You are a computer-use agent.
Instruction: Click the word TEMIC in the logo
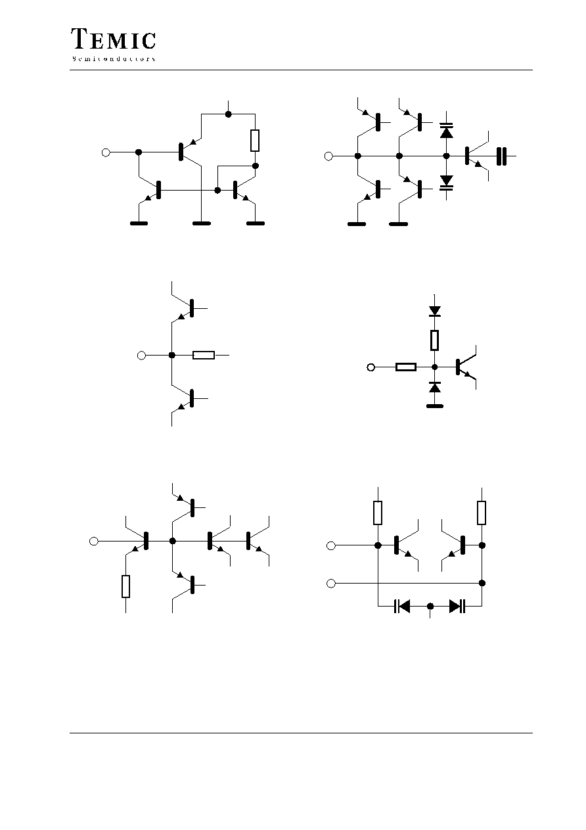pos(113,39)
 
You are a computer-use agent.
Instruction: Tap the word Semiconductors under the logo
pos(114,59)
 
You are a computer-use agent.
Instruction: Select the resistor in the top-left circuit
pos(255,141)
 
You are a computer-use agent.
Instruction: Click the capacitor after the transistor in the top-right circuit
pos(501,156)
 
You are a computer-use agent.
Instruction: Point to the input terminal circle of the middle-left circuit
pos(141,356)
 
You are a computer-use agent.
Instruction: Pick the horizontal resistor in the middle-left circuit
pos(204,356)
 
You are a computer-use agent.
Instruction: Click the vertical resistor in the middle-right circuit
pos(434,340)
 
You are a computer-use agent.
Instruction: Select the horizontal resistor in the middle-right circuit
pos(406,367)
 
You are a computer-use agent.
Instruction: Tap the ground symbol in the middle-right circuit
pos(435,406)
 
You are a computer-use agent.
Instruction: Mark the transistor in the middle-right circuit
pos(465,367)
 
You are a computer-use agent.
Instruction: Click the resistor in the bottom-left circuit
pos(126,586)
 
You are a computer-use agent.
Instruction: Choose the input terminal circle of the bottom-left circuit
pos(94,541)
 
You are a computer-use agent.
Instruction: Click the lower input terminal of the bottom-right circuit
pos(331,583)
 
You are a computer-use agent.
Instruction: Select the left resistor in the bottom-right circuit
pos(378,513)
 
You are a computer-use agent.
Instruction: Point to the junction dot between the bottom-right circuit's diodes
pos(430,606)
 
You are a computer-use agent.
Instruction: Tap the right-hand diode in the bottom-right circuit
pos(457,606)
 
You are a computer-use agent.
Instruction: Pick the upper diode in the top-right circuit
pos(446,130)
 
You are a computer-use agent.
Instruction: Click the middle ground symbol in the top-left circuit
pos(202,223)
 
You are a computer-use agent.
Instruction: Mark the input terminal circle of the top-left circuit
pos(106,152)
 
